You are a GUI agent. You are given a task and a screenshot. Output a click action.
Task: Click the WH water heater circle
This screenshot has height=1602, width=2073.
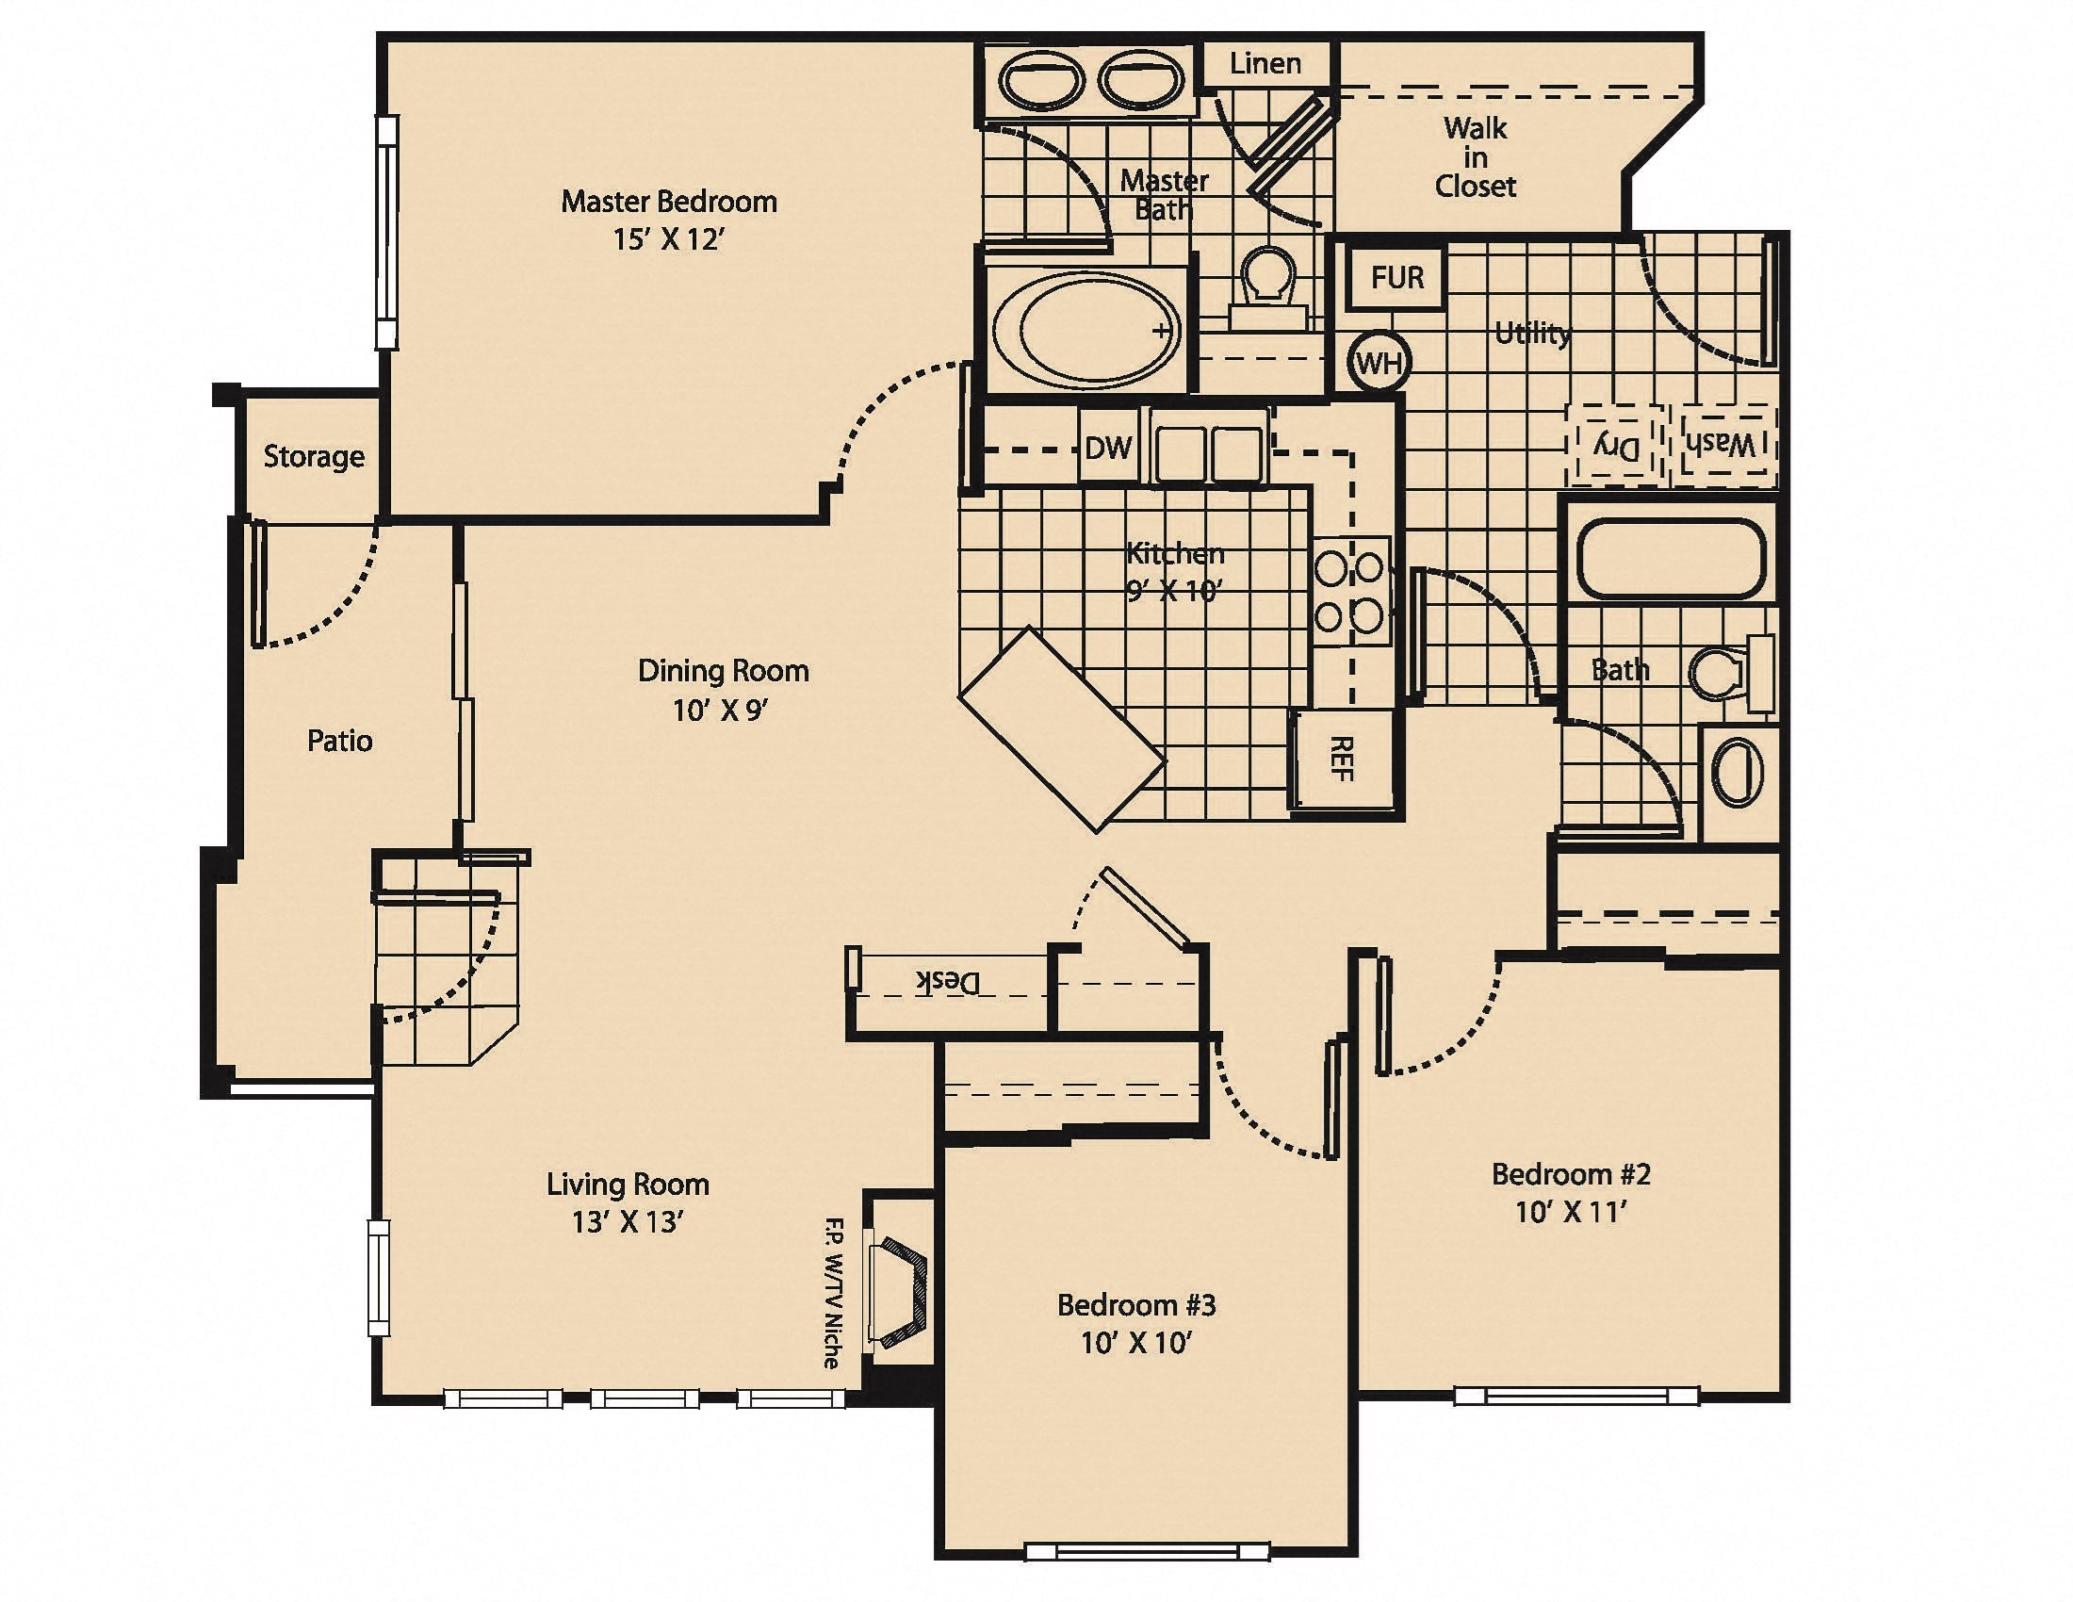click(x=1379, y=362)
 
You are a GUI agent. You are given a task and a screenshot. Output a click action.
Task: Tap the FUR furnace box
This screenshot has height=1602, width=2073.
click(x=1396, y=278)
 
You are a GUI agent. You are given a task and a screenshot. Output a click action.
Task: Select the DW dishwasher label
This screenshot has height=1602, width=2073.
click(x=1108, y=448)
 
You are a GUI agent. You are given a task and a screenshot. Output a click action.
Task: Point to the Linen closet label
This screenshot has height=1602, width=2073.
click(x=1265, y=63)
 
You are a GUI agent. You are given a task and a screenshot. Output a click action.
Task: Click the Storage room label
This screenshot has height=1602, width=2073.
click(x=313, y=456)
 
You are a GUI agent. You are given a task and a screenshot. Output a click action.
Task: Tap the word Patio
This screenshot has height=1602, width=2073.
click(x=339, y=741)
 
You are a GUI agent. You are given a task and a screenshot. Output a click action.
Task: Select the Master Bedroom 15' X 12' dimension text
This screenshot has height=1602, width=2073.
click(x=668, y=239)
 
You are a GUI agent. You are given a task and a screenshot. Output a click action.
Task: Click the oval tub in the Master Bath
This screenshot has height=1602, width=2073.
click(x=1086, y=330)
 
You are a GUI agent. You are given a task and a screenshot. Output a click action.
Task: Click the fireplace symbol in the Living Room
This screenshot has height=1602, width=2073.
click(x=901, y=1291)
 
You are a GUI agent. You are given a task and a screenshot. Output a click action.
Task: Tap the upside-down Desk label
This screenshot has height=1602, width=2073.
click(x=946, y=981)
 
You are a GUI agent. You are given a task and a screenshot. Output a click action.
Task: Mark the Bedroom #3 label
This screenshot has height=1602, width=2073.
click(x=1135, y=1305)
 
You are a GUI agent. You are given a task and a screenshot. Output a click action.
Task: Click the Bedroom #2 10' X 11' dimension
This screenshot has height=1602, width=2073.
click(x=1571, y=1212)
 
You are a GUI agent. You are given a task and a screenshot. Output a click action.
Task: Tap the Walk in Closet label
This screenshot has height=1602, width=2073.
click(x=1475, y=156)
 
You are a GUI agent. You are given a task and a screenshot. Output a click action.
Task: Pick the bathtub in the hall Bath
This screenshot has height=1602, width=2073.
click(x=1671, y=557)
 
